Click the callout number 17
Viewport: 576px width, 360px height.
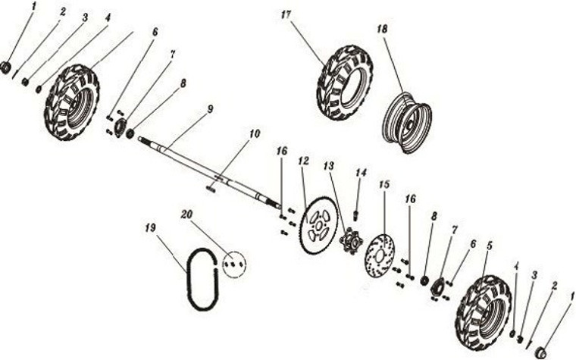pos(285,15)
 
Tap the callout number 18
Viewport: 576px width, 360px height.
pos(381,28)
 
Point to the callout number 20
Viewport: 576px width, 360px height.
pos(186,214)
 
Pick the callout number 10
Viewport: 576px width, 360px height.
pos(254,133)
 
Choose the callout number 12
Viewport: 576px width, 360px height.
pos(304,161)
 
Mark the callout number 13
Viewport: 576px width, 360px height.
pos(328,165)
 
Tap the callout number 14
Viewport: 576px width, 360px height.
pos(361,173)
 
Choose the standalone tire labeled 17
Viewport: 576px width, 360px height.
pos(345,82)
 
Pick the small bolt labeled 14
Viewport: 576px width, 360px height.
pos(355,215)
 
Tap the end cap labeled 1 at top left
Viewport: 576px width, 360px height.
pos(6,68)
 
